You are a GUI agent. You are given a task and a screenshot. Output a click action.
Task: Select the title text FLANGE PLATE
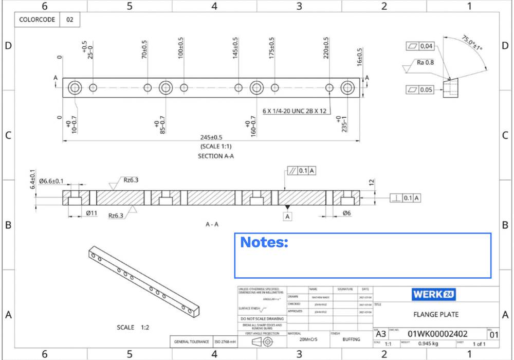pos(436,314)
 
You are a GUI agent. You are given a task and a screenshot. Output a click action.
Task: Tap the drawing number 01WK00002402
pos(437,334)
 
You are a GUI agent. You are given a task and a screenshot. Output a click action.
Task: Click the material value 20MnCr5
pos(308,339)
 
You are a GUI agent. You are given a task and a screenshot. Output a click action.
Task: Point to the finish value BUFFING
pos(352,339)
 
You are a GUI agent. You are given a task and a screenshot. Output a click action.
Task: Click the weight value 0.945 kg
pos(428,344)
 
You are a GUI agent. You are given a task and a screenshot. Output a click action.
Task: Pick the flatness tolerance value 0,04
pos(427,46)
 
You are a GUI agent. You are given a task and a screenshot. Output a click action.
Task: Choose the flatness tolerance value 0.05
pos(427,90)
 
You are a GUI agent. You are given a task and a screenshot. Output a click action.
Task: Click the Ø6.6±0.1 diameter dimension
pos(51,181)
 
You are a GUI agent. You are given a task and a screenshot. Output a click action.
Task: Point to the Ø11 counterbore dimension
pos(91,213)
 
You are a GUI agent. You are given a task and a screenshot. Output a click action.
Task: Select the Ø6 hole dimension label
pos(346,213)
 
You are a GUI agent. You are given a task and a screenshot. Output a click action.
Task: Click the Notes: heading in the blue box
pos(264,242)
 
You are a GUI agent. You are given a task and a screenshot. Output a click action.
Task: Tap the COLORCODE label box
pos(38,20)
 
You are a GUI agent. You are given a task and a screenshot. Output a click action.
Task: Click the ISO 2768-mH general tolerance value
pos(225,341)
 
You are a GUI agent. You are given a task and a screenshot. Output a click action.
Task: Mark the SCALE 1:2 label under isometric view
pos(133,327)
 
